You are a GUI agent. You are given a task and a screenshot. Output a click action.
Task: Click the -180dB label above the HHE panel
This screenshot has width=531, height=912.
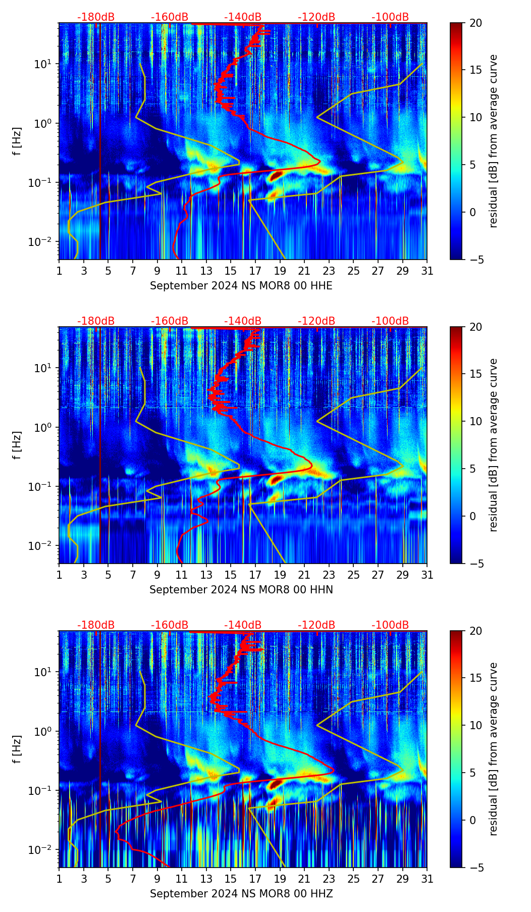click(x=96, y=17)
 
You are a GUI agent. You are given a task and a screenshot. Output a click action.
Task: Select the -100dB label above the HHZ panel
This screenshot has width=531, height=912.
click(x=390, y=625)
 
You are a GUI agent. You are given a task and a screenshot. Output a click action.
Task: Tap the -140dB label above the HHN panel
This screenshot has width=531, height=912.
click(x=243, y=321)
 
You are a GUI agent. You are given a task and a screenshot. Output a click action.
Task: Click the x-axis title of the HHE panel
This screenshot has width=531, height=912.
click(x=241, y=286)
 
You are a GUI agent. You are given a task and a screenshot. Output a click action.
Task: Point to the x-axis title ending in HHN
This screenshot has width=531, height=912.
click(x=241, y=590)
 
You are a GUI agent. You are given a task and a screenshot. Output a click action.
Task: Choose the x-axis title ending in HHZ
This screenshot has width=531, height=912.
click(x=241, y=894)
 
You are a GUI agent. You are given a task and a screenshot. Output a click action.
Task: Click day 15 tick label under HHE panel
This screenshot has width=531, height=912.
click(x=231, y=271)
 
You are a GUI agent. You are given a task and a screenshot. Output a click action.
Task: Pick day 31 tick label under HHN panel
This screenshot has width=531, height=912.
click(x=427, y=575)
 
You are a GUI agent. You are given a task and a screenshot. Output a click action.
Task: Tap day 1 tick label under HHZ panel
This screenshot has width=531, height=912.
click(x=59, y=879)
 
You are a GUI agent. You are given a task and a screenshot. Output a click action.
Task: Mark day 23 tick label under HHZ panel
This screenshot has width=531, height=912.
click(x=329, y=879)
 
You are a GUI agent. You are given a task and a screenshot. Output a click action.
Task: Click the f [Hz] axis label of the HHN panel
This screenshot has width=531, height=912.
click(x=18, y=445)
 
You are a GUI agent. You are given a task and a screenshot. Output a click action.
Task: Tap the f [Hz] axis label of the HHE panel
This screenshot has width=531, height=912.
click(x=18, y=141)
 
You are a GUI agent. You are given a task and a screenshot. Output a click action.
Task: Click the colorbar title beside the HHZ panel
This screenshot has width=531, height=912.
click(x=494, y=749)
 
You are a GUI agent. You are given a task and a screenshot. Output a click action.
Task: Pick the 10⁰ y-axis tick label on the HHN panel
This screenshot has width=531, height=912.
click(x=43, y=427)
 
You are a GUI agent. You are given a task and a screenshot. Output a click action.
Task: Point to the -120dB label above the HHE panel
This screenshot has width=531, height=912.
click(x=316, y=17)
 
